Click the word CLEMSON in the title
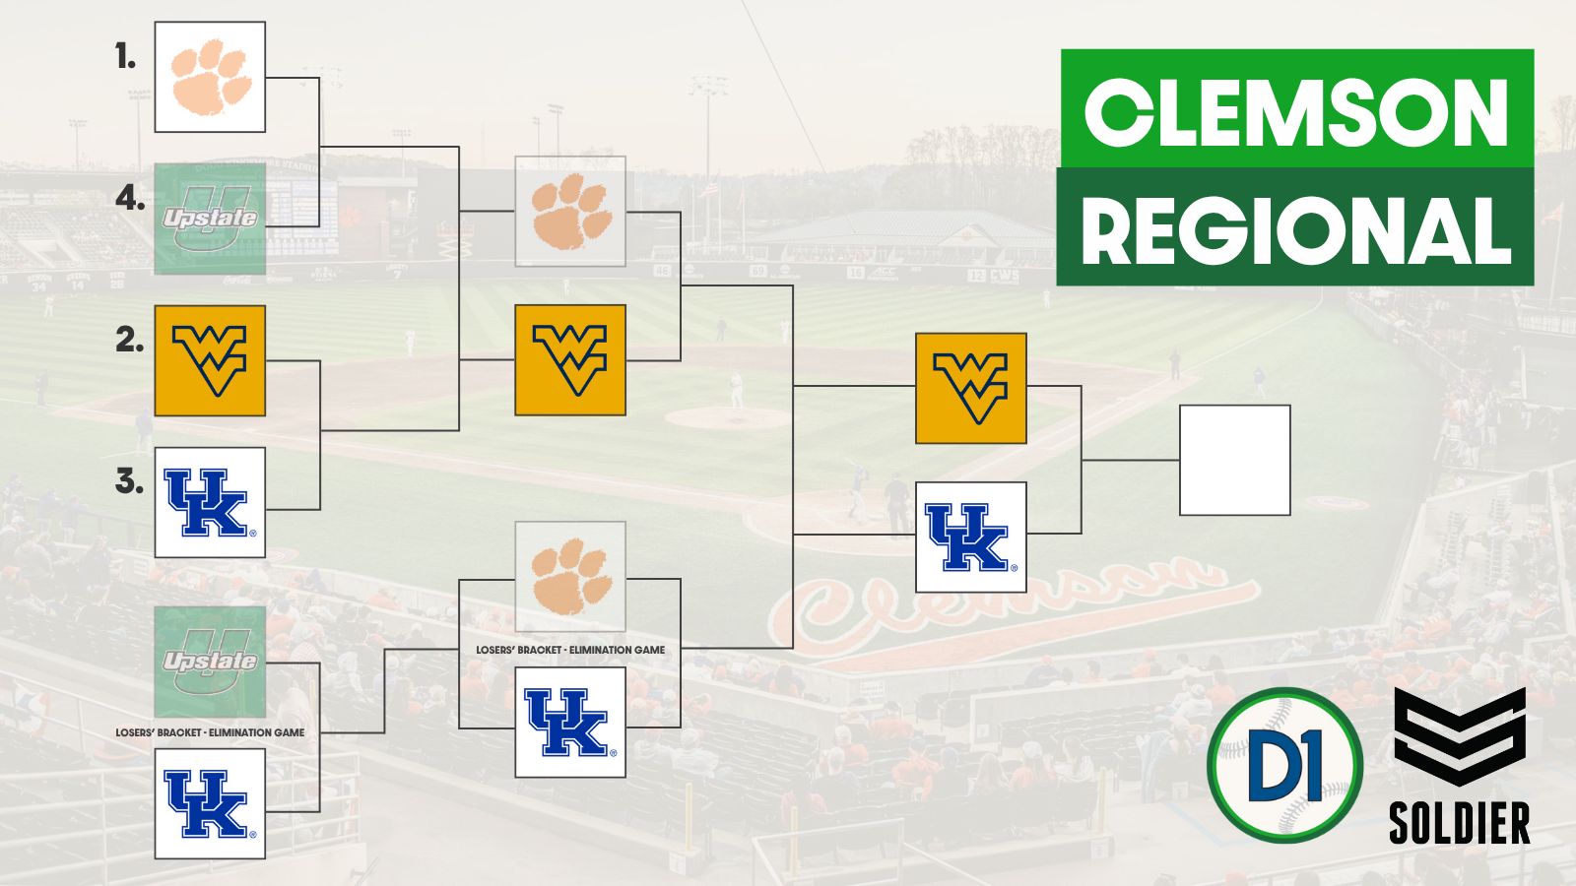coord(1296,110)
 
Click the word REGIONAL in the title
coord(1296,228)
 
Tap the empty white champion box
coord(1234,460)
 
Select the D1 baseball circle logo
coord(1284,765)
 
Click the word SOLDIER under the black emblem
coord(1459,823)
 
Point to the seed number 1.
coord(125,57)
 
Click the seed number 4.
coord(129,199)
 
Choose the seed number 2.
coord(129,340)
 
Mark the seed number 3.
coord(129,481)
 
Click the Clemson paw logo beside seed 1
coord(210,77)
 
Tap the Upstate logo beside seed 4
coord(210,219)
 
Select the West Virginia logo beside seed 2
coord(210,360)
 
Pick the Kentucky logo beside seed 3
coord(210,502)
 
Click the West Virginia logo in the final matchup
coord(970,388)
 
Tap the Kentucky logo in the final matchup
coord(970,537)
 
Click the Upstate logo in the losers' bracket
coord(210,662)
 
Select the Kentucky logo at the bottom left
coord(210,803)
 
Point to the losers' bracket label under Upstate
coord(210,732)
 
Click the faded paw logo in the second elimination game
coord(570,577)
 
